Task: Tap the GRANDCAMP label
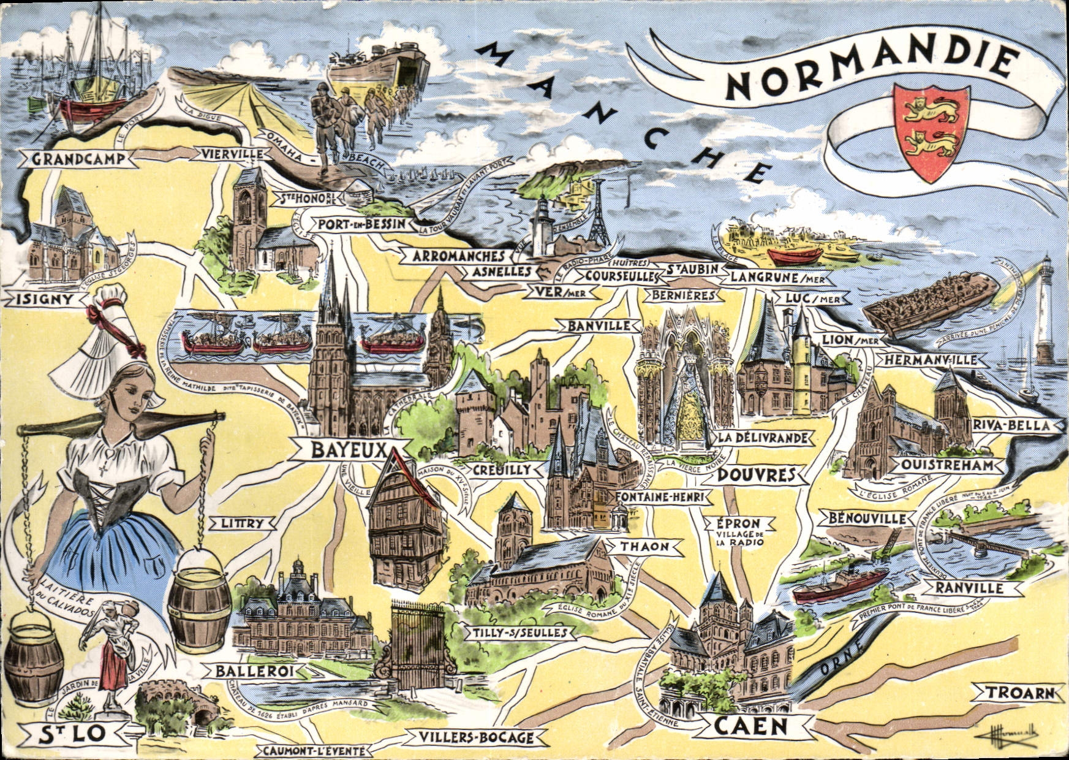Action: pos(78,159)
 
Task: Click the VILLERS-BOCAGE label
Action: pos(476,737)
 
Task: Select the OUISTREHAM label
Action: pos(946,465)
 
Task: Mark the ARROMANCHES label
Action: pos(458,256)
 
